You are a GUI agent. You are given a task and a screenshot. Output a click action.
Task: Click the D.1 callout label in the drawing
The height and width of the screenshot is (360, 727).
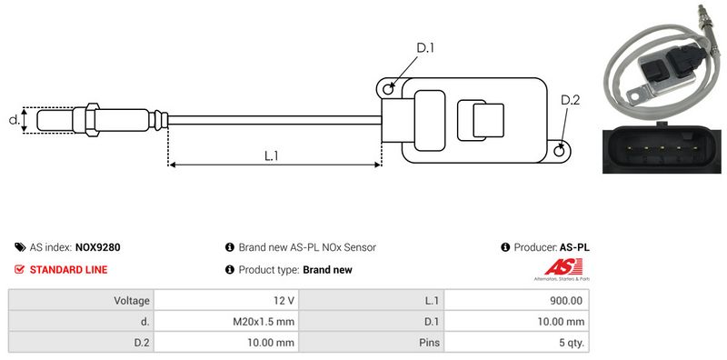point(424,47)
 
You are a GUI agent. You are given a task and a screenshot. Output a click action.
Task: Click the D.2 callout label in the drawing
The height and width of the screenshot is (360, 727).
point(571,100)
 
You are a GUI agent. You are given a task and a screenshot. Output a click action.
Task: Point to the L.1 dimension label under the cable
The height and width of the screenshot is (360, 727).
point(271,155)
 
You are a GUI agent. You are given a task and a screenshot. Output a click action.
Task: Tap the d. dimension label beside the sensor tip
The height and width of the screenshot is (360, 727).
point(15,120)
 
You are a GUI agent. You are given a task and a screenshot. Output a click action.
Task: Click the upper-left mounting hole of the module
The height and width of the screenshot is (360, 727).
point(388,87)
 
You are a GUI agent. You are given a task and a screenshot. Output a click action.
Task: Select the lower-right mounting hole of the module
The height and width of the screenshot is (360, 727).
point(560,150)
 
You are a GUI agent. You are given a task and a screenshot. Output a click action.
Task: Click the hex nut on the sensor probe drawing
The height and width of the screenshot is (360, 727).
point(93,120)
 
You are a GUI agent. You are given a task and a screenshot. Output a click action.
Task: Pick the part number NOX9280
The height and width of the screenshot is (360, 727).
point(98,247)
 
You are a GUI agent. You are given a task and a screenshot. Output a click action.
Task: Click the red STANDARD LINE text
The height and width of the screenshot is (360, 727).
point(68,269)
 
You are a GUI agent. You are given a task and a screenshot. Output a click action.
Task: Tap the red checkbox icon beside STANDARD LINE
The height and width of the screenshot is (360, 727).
point(19,269)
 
